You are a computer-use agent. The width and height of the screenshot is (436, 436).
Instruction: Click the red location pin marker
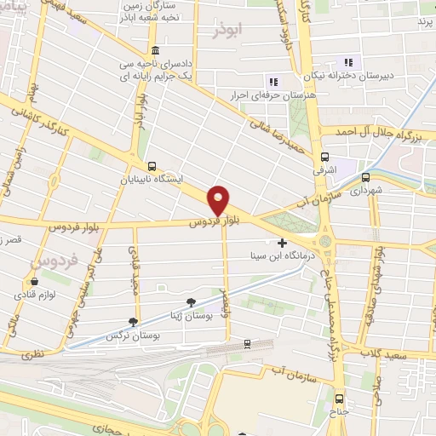point(219,200)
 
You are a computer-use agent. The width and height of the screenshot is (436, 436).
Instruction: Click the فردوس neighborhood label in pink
point(49,253)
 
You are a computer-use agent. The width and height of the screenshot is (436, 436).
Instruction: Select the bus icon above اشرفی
point(324,158)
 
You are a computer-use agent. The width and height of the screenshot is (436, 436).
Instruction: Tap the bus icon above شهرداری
point(366,178)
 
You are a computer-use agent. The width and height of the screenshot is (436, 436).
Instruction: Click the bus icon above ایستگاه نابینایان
point(152,166)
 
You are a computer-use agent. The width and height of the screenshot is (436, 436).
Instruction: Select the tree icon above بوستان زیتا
point(191,301)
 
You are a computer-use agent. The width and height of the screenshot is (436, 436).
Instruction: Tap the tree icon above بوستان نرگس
point(132,322)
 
